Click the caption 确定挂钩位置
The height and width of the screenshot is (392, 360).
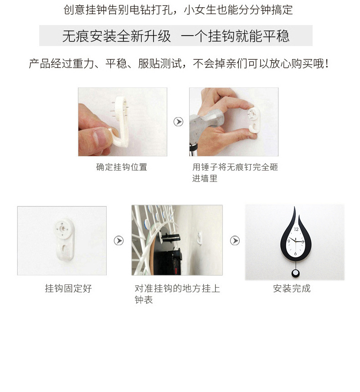122,167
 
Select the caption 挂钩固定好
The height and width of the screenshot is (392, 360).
68,289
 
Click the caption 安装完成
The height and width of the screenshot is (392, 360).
292,289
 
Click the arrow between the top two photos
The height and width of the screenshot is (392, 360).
178,122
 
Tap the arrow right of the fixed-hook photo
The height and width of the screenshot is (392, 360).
118,240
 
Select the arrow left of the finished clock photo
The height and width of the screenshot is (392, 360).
235,240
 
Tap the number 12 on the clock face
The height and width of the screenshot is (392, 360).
296,229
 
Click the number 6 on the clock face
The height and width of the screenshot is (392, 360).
295,253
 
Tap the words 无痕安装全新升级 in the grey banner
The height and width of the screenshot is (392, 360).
117,36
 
